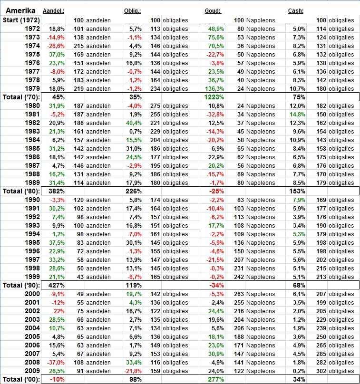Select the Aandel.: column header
tap(53, 11)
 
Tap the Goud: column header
tap(213, 11)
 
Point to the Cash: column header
tap(296, 11)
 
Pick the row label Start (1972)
tap(21, 20)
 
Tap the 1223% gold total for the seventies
tap(214, 97)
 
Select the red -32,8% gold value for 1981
tap(214, 115)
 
